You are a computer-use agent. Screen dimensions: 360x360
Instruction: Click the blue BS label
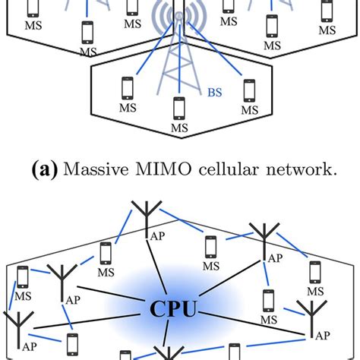click(214, 95)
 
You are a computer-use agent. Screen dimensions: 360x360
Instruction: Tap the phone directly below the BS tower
click(178, 109)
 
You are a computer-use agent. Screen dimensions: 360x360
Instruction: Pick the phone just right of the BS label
click(248, 90)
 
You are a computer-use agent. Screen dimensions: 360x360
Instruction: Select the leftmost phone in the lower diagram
click(24, 276)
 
